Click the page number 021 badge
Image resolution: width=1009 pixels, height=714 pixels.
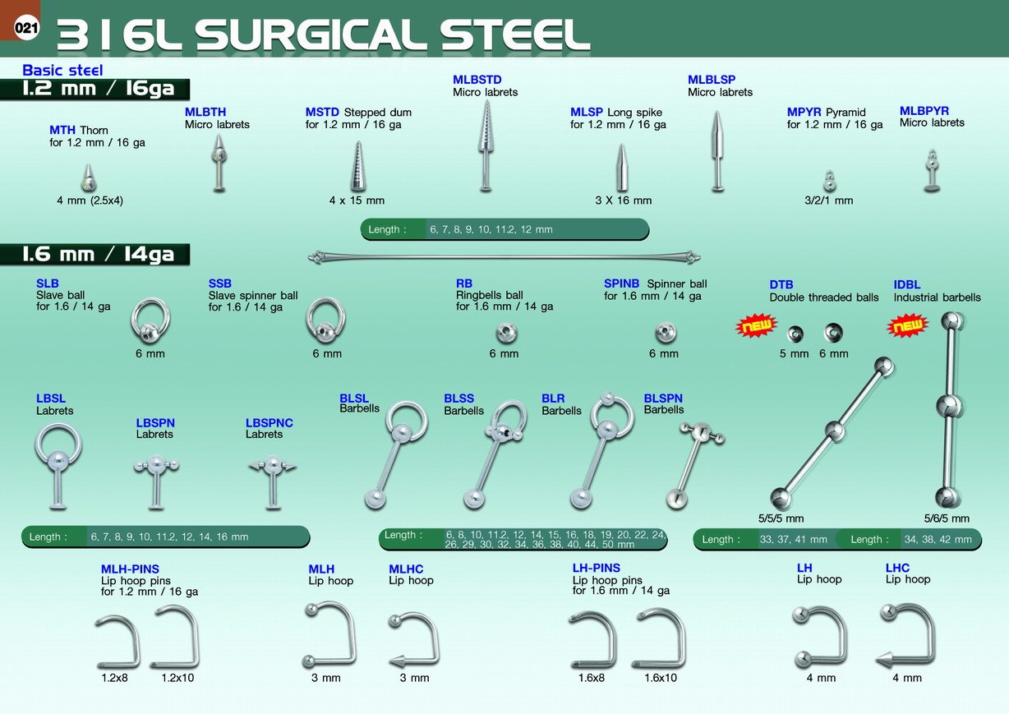coord(26,28)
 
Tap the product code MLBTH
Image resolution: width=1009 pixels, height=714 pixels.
coord(205,112)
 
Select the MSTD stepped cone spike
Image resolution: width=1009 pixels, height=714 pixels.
coord(358,166)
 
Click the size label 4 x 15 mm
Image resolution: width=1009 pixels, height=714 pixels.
coord(357,200)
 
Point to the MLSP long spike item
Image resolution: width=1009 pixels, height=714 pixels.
coord(622,168)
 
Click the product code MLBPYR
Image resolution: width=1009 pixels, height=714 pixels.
coord(924,111)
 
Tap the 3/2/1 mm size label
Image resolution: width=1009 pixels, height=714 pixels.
coord(829,200)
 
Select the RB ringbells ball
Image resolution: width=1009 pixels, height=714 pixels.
coord(506,334)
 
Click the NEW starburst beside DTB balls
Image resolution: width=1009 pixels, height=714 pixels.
coord(757,325)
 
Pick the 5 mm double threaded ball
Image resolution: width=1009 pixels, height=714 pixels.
coord(795,334)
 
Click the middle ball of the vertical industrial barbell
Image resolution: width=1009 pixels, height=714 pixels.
coord(950,406)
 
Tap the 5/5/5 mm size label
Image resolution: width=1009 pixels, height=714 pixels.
coord(781,518)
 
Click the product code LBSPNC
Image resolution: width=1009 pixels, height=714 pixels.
coord(270,423)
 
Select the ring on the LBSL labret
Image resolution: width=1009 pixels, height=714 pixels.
coord(58,445)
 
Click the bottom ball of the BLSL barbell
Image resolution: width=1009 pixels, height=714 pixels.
coord(375,499)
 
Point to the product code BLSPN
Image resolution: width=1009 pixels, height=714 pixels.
coord(663,398)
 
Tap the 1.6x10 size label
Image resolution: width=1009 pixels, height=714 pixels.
coord(661,678)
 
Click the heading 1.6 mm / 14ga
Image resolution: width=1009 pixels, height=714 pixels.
coord(99,255)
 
